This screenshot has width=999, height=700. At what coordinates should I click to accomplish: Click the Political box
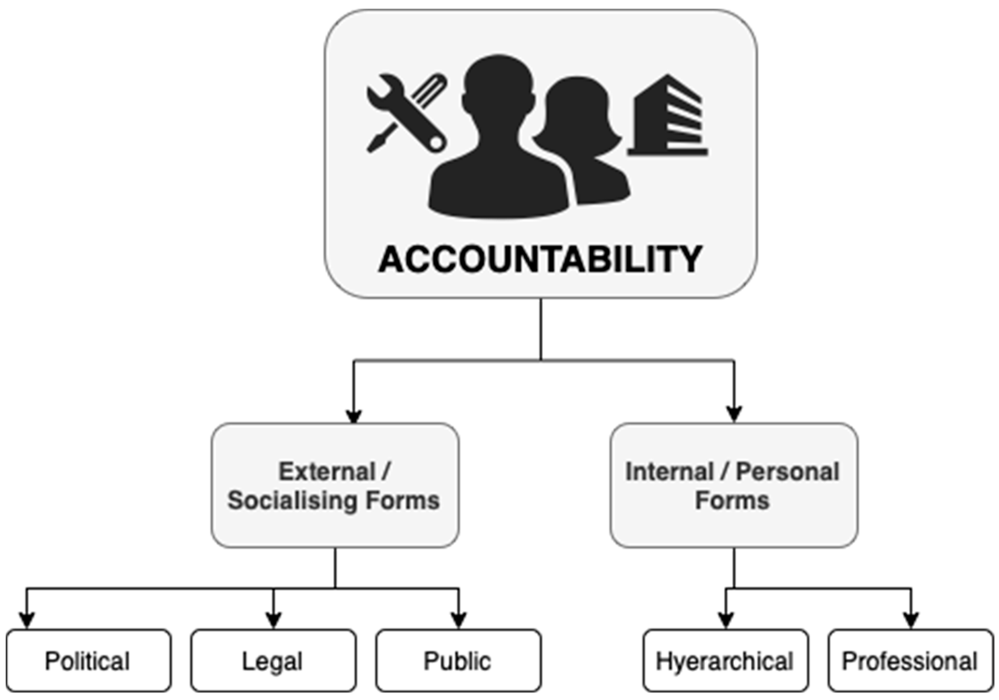88,661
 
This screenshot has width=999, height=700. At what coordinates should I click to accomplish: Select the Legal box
273,661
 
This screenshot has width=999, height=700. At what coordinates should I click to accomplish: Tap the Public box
458,661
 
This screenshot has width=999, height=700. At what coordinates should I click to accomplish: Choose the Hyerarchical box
725,661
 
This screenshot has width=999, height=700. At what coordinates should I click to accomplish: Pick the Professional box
910,661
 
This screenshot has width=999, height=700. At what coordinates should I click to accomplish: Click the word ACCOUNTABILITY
540,260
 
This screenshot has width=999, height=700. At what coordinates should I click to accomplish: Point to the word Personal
788,472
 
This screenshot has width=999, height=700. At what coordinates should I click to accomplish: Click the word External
327,472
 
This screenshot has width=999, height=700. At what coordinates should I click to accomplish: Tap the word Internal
670,472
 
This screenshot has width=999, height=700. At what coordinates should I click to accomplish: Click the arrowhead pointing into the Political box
27,620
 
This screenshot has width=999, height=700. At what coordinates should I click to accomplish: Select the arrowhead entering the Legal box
273,620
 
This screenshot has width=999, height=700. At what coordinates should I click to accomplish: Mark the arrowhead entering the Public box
459,620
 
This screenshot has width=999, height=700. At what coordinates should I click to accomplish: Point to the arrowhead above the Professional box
911,620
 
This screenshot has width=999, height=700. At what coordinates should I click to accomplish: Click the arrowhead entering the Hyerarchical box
725,620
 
